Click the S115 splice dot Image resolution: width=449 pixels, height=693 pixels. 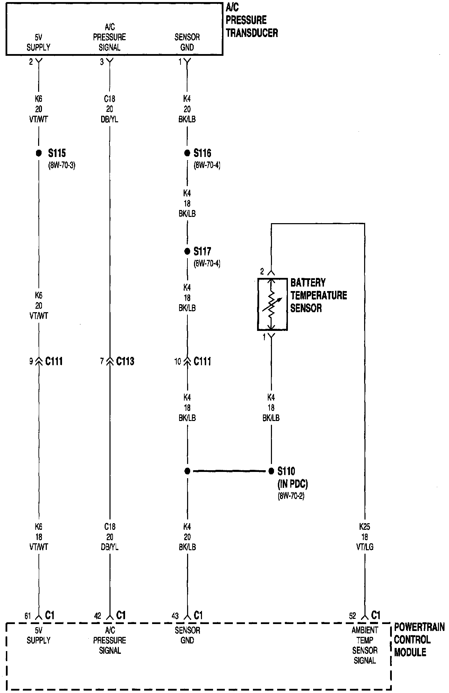coord(39,153)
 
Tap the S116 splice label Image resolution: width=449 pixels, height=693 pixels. coord(202,153)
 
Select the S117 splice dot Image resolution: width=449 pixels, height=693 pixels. coord(187,251)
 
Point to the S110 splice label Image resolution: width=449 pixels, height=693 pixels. coord(286,471)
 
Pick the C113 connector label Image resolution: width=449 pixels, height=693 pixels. coord(125,361)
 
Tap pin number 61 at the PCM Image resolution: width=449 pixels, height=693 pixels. coord(28,616)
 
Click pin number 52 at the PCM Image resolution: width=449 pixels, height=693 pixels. coord(352,616)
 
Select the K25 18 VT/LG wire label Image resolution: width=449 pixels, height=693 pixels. coord(364,537)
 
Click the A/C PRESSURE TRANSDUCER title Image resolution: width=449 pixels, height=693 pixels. coord(252,20)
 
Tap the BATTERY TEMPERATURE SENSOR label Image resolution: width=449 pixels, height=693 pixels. coord(318,295)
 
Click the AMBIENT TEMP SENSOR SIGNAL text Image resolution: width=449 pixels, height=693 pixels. coord(364,645)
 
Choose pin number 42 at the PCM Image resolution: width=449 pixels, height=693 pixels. coord(98,616)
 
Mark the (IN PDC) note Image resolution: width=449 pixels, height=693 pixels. coord(292,484)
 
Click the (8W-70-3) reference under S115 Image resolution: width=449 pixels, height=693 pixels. coord(61,165)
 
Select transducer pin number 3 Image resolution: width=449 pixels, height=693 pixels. coord(102,62)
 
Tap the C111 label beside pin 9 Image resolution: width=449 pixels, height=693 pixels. coord(54,361)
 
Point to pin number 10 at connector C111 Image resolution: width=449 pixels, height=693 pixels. coord(177,362)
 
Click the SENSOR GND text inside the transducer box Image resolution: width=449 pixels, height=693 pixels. coord(187,42)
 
